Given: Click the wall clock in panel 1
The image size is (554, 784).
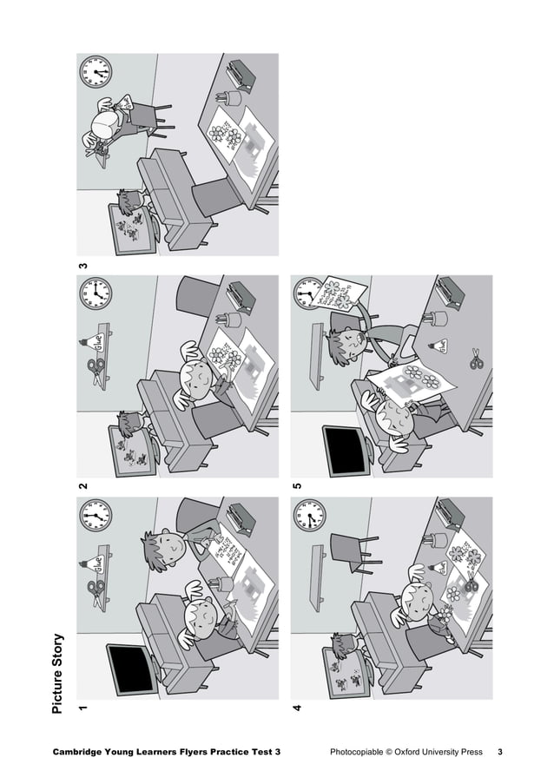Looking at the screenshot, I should click(96, 517).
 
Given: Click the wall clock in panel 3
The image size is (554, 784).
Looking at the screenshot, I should click(96, 72).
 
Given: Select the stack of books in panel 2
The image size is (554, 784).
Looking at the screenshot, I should click(241, 295).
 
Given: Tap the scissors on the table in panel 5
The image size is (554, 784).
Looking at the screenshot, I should click(476, 357).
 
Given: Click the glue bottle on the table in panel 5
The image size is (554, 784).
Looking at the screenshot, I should click(441, 346).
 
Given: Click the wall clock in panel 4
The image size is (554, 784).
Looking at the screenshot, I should click(310, 517).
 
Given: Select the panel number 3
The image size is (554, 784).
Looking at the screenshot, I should click(82, 265).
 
